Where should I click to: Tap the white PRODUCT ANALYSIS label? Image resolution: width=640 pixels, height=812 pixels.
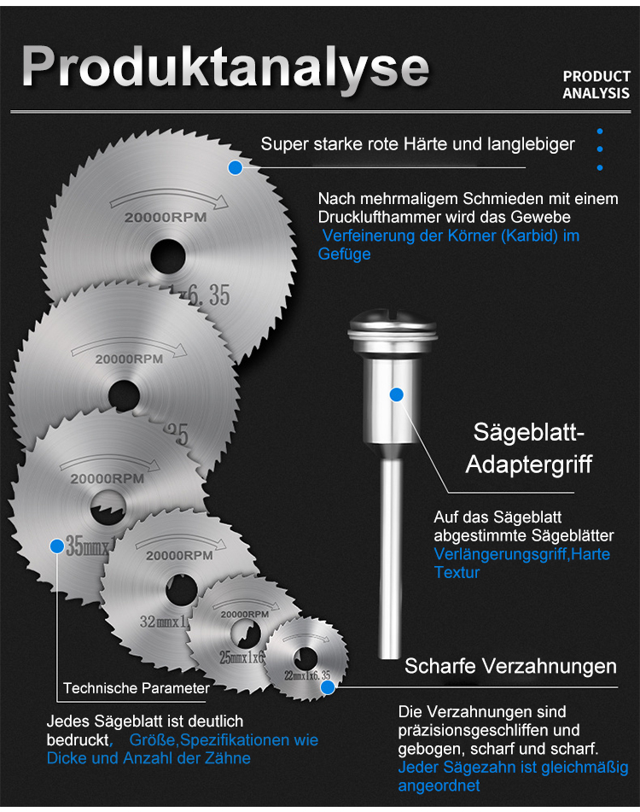596,85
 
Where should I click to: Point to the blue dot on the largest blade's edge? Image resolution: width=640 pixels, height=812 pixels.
236,167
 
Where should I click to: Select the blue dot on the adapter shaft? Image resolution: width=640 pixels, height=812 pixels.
396,394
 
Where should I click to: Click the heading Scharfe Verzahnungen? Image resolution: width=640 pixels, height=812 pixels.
510,666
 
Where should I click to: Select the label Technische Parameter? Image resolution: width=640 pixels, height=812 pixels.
136,687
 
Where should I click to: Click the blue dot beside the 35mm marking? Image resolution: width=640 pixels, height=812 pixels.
57,546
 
